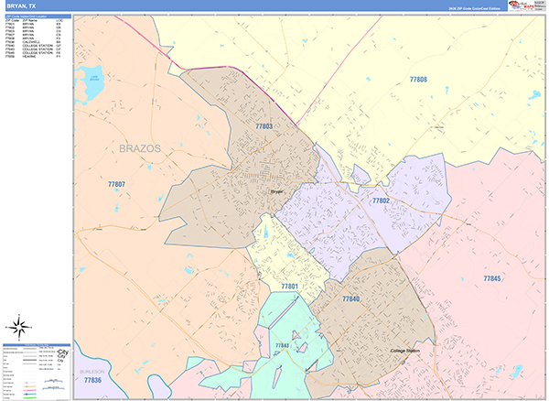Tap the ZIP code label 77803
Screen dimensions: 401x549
pos(264,125)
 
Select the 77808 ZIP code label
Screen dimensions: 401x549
pos(417,80)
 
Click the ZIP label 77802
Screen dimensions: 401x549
pos(381,200)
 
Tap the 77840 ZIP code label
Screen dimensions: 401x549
pos(351,299)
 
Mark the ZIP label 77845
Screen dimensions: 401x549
pos(492,278)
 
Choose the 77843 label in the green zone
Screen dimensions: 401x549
pos(282,345)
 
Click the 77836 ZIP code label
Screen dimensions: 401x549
pos(92,380)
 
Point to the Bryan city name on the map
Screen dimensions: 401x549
pos(277,191)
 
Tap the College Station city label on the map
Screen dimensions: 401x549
pos(404,352)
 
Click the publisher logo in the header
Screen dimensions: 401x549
pos(526,5)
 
